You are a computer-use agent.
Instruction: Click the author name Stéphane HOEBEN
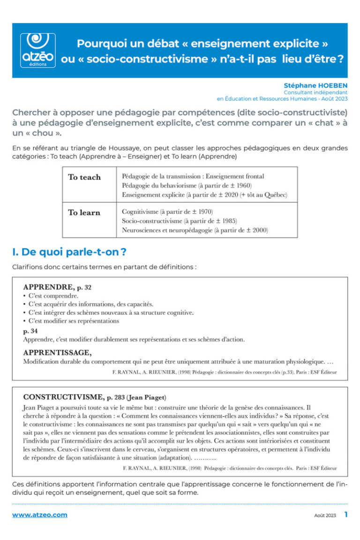pyautogui.click(x=315, y=85)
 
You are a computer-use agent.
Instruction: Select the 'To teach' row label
pyautogui.click(x=84, y=177)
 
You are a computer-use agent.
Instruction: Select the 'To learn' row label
pyautogui.click(x=84, y=212)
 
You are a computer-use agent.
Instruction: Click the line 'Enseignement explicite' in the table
pyautogui.click(x=204, y=195)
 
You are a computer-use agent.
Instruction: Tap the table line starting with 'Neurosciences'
pyautogui.click(x=195, y=230)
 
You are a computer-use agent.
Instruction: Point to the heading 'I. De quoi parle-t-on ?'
pyautogui.click(x=69, y=252)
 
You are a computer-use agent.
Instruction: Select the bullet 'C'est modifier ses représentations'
pyautogui.click(x=73, y=321)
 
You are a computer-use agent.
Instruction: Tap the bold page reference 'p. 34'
pyautogui.click(x=31, y=330)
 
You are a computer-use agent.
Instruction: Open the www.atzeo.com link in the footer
pyautogui.click(x=39, y=515)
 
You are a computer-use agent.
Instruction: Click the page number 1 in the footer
pyautogui.click(x=346, y=514)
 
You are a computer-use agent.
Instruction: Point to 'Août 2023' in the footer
pyautogui.click(x=325, y=515)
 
